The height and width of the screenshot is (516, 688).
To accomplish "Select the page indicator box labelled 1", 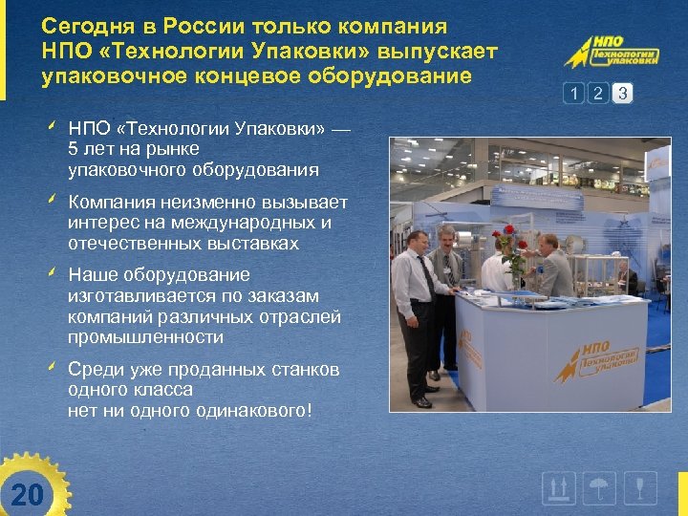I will coord(573,93).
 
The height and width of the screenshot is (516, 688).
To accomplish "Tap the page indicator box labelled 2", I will coord(598,93).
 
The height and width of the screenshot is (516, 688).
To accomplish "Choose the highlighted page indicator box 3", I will coord(623,93).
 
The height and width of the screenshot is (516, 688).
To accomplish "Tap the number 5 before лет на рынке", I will coord(74,150).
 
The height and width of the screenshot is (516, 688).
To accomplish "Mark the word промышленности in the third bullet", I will coord(145,337).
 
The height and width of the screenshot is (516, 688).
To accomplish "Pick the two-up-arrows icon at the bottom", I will coord(559,489).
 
